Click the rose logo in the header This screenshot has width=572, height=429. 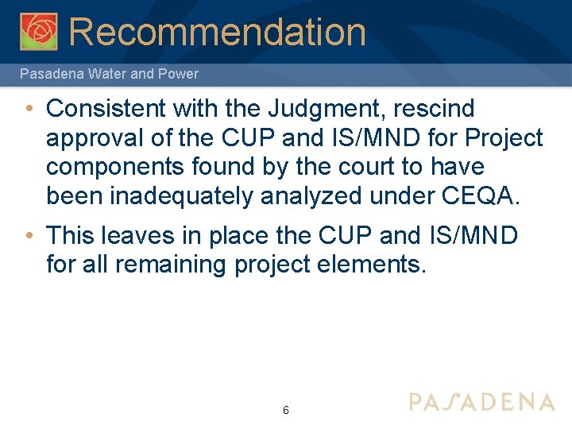click(38, 32)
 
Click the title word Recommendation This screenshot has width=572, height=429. click(217, 32)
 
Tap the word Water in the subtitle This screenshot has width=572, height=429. click(102, 74)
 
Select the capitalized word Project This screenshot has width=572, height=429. click(504, 137)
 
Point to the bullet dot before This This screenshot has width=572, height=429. click(28, 235)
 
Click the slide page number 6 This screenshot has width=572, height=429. click(285, 410)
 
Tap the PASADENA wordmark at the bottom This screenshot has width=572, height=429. click(482, 401)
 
